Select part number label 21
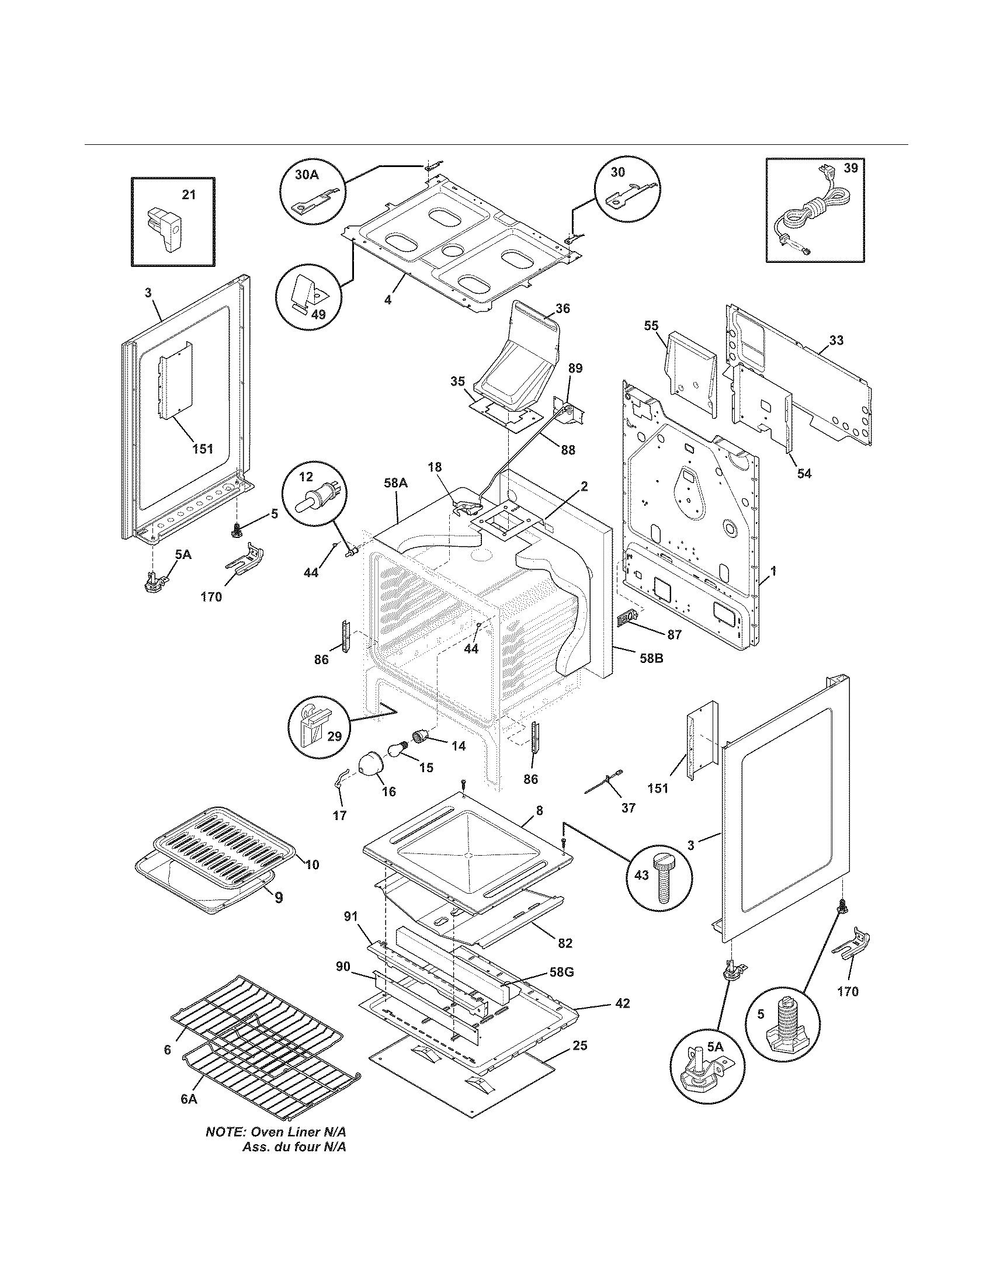(x=188, y=195)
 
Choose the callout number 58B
(x=651, y=658)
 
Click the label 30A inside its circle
(x=306, y=175)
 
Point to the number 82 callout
(x=565, y=943)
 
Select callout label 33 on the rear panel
(x=836, y=340)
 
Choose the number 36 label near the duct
(x=563, y=308)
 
